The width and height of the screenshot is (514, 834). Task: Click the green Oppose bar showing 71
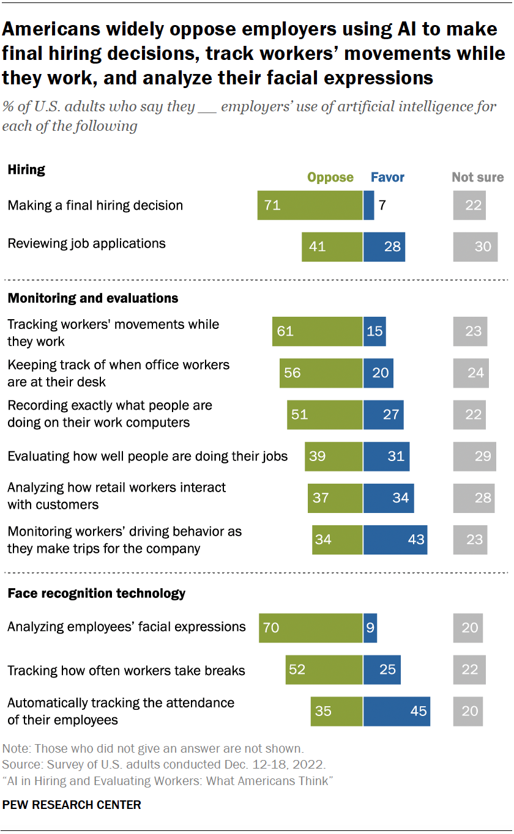point(310,205)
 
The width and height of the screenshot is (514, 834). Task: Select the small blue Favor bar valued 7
point(368,205)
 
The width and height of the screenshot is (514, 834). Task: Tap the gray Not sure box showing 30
point(475,246)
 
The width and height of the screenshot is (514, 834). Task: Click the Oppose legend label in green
point(330,177)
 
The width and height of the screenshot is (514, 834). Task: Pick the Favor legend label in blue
point(387,177)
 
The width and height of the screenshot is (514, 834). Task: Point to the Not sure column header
point(477,177)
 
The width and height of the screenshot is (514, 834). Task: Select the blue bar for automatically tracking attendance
point(397,711)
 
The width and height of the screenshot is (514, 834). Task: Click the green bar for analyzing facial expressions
point(311,627)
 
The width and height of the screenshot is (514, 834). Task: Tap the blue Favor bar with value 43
point(395,539)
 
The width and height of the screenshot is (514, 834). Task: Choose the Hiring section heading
point(26,170)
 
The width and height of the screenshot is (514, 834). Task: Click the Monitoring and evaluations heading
point(92,298)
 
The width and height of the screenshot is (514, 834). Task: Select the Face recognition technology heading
point(96,593)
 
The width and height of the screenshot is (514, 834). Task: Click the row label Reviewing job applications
point(86,243)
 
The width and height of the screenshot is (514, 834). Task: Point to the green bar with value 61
point(318,331)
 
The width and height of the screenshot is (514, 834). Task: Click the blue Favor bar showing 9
point(370,627)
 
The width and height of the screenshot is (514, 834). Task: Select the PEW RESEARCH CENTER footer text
point(72,805)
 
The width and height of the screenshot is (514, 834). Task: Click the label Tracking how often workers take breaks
point(126,671)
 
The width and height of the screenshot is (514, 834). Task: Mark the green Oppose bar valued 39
point(333,456)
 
